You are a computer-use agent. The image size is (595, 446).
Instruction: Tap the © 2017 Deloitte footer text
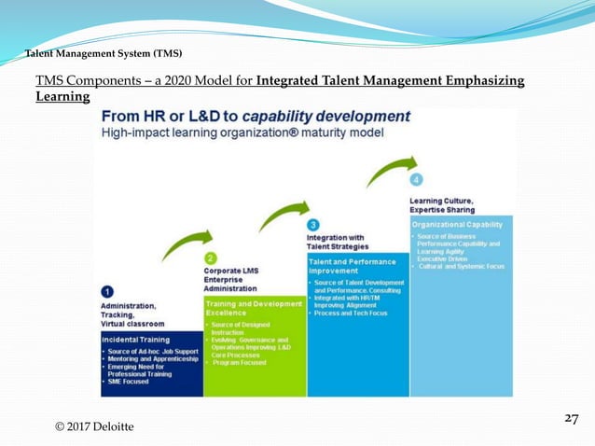pos(94,426)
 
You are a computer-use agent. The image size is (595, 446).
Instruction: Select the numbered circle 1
pos(107,291)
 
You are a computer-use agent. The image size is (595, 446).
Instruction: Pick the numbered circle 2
pos(211,258)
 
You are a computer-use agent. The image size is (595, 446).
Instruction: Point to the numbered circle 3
pos(313,225)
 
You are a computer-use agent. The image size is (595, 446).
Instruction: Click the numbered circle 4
pos(416,179)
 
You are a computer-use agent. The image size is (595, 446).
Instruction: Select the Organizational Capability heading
pos(458,224)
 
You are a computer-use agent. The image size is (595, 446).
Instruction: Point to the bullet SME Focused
pos(129,381)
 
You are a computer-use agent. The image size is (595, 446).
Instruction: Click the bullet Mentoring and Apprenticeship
pos(152,358)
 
